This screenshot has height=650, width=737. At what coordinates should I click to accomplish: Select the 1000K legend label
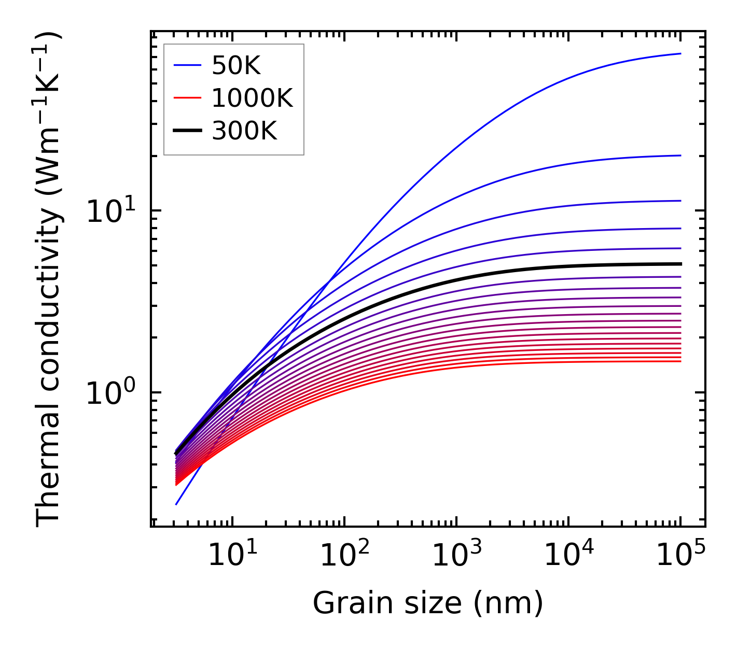(x=252, y=98)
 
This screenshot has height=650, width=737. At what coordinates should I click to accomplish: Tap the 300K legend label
(x=244, y=131)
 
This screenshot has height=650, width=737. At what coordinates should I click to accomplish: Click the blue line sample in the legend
(x=187, y=65)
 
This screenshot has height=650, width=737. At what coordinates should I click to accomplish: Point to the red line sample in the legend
(x=187, y=98)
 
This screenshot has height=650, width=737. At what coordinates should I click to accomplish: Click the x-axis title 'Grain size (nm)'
(x=428, y=603)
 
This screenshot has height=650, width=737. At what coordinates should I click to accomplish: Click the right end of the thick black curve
(x=680, y=264)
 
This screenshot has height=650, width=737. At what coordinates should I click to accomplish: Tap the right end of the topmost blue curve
(x=680, y=53)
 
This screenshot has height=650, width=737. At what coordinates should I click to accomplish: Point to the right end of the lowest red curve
(x=680, y=361)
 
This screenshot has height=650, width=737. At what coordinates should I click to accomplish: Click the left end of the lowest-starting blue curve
(x=177, y=504)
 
